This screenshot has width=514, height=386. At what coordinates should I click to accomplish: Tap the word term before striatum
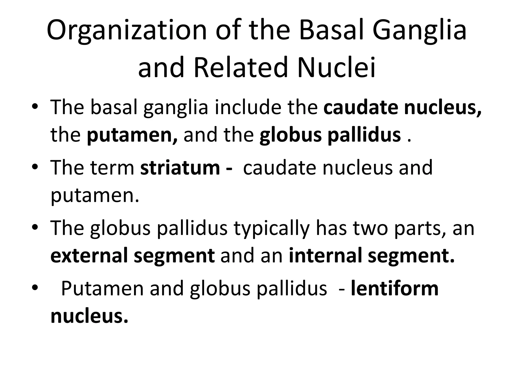coord(113,168)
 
